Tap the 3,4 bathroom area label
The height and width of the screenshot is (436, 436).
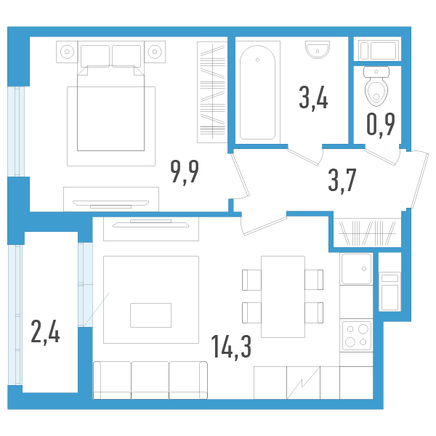click(x=313, y=98)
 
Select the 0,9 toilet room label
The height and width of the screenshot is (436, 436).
click(x=381, y=125)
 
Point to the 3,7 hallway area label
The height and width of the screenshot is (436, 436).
click(x=342, y=180)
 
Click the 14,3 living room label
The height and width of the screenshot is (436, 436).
click(x=231, y=347)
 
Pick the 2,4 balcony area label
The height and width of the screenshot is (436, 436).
click(x=45, y=332)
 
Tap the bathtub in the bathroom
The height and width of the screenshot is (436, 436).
click(x=257, y=92)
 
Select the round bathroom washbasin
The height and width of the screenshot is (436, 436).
click(x=318, y=49)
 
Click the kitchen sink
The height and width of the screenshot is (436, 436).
click(x=357, y=269)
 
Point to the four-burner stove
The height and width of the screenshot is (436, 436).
click(x=357, y=335)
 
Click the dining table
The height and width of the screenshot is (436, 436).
click(x=283, y=296)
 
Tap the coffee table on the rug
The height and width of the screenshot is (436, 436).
click(x=150, y=315)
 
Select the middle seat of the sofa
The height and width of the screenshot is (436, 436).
click(x=150, y=380)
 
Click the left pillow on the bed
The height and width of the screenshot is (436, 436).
click(x=94, y=56)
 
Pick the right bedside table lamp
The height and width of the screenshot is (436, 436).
click(x=155, y=52)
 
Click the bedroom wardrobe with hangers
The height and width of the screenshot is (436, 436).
click(x=212, y=92)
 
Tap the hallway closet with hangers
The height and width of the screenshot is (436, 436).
click(x=367, y=233)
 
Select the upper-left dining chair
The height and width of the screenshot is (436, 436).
click(x=251, y=280)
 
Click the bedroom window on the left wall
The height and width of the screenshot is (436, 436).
click(x=16, y=132)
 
